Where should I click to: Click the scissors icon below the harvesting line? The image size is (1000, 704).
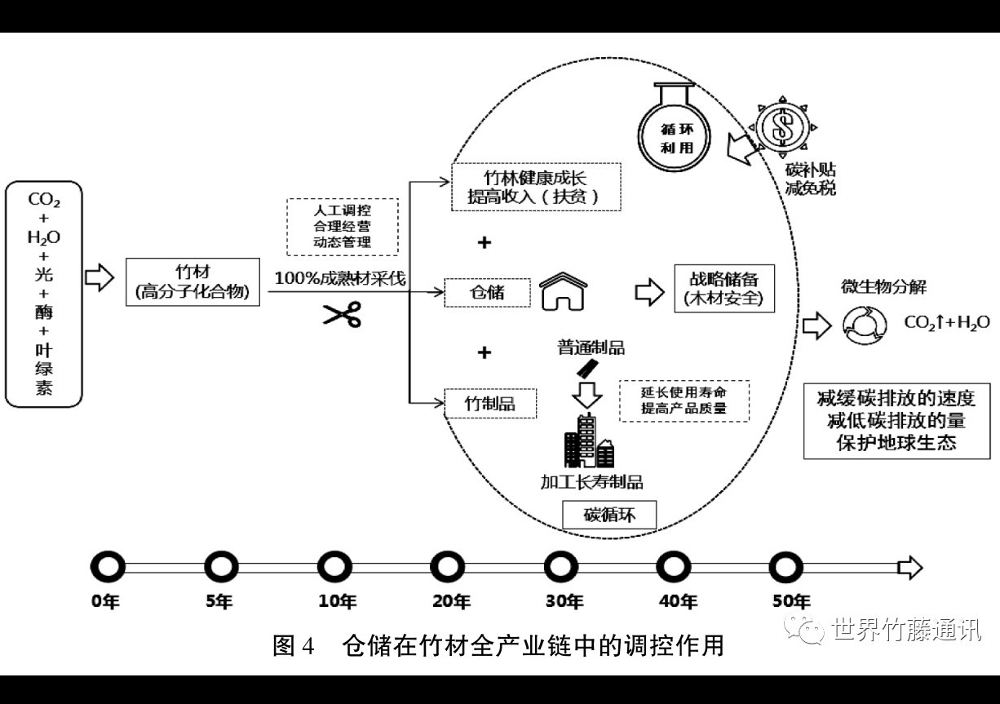click(x=342, y=314)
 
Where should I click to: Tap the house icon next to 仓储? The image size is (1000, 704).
click(x=563, y=291)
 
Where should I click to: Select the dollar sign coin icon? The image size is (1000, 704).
click(x=782, y=127)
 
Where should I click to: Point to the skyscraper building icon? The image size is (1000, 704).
click(x=588, y=441)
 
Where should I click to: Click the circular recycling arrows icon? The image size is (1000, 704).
click(x=865, y=325)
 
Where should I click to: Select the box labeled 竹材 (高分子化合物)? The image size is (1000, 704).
click(x=192, y=282)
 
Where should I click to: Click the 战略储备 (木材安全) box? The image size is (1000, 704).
click(x=724, y=289)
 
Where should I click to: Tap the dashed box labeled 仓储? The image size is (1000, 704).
click(x=487, y=292)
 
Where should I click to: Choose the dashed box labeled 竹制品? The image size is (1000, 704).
click(x=490, y=403)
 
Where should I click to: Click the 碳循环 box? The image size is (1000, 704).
click(x=609, y=515)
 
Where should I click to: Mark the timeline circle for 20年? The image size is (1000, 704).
click(x=447, y=567)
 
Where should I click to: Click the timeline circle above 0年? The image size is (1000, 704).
click(x=108, y=567)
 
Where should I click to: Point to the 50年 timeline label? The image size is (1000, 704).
click(x=791, y=601)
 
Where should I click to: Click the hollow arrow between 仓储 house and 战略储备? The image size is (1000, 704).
click(x=649, y=292)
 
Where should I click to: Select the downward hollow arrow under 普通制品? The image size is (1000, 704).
click(x=587, y=394)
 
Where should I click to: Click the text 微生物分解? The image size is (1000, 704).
click(x=883, y=286)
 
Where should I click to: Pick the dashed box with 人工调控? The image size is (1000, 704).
click(x=343, y=227)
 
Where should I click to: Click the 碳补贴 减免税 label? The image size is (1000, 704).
click(x=810, y=179)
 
